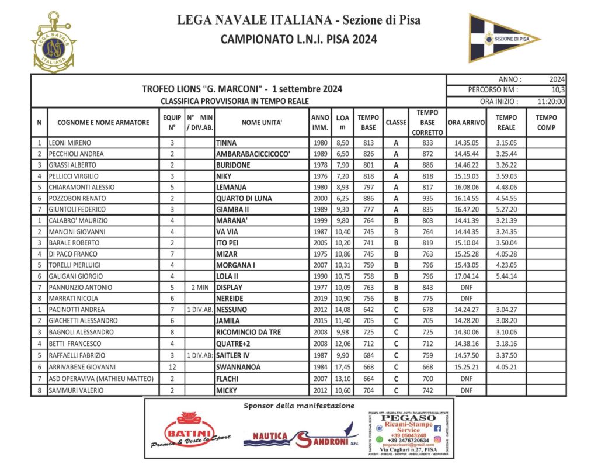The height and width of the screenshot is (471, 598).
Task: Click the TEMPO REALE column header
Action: point(506,122)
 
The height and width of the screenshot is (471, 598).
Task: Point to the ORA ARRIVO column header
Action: point(466,123)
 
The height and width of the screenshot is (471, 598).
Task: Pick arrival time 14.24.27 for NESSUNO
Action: point(466,310)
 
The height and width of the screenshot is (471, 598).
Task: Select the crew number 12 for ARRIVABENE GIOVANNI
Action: point(172,367)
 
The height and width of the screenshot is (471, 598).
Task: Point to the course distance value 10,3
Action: point(558,90)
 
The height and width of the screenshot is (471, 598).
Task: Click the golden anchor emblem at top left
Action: point(54,42)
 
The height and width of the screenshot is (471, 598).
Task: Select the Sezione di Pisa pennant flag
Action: point(503,39)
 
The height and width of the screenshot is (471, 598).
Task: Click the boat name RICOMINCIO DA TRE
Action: point(249,332)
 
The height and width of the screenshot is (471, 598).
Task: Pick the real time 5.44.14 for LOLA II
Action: point(506,276)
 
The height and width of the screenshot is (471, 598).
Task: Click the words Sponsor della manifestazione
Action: point(298,405)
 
